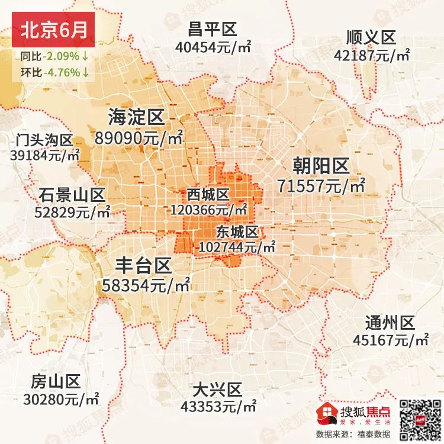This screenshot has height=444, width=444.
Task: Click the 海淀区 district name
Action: pos(136,117)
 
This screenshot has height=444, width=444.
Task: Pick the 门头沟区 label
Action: pos(44,141)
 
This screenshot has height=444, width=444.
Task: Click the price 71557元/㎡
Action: pos(321,186)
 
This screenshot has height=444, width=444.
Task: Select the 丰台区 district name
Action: pos(143,265)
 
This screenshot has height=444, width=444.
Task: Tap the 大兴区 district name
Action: pos(218,390)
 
